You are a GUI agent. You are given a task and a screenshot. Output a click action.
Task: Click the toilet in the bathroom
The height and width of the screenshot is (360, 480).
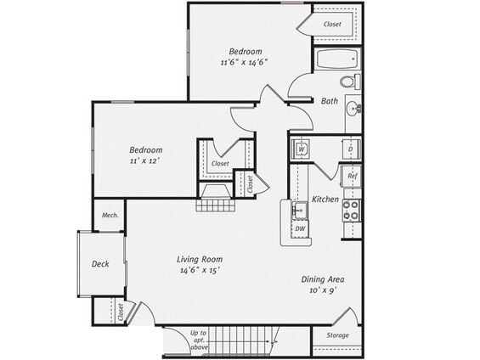[351, 82]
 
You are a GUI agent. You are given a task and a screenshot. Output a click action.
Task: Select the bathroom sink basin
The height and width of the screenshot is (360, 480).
[354, 109]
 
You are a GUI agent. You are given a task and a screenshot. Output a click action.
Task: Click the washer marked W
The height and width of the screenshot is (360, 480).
[302, 149]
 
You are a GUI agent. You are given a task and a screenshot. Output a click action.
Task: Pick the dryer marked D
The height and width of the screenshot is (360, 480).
[352, 149]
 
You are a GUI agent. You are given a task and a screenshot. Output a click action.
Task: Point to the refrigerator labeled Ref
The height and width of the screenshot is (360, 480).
[352, 176]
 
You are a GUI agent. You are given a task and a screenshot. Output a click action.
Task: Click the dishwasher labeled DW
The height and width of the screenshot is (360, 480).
[300, 228]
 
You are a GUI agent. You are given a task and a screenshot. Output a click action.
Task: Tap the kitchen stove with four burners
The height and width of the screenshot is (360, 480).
[352, 211]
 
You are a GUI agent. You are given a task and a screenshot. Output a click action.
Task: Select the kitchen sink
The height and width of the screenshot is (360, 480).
[300, 211]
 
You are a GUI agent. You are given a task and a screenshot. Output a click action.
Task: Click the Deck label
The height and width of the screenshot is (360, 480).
[100, 264]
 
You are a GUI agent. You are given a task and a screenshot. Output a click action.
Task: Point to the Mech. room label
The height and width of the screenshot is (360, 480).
[110, 215]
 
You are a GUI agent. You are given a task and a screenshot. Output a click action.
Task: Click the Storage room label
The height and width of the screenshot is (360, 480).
[337, 335]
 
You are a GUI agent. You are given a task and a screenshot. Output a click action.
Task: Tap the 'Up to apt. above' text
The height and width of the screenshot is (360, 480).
[199, 340]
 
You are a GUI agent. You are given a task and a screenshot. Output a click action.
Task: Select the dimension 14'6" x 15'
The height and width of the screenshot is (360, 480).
[200, 270]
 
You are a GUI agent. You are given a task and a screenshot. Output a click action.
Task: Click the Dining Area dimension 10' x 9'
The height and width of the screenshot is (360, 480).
[324, 290]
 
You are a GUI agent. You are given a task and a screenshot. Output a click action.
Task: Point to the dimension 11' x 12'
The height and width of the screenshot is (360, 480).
[145, 160]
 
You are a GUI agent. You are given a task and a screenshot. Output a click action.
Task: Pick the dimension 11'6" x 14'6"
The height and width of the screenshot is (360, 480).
[245, 62]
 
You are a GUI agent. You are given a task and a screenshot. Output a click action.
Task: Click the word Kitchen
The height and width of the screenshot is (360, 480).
[325, 200]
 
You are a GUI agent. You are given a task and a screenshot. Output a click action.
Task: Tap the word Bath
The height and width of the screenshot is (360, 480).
[330, 101]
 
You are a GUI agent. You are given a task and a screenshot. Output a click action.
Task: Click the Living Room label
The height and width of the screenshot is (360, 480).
[200, 259]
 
